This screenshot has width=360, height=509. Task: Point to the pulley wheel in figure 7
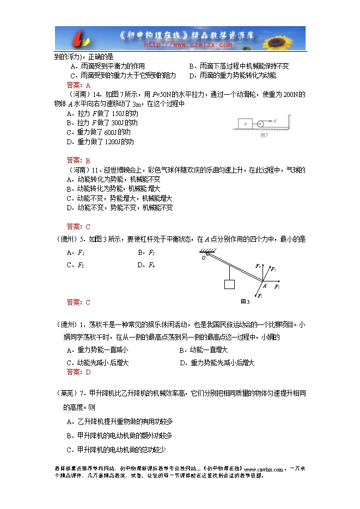(259, 123)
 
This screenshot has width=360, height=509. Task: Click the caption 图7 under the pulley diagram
(265, 134)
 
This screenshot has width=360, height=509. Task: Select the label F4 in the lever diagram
(258, 266)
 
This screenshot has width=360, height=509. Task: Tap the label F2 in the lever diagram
(277, 286)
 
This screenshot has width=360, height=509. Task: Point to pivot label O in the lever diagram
(203, 258)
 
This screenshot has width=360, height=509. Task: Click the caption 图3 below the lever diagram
(245, 302)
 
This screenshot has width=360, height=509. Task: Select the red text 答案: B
(78, 160)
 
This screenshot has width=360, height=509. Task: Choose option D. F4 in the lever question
(147, 265)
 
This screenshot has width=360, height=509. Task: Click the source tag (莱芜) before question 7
(66, 393)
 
